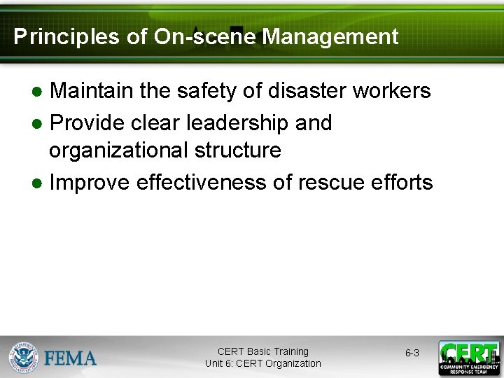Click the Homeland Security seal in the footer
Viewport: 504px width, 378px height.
pyautogui.click(x=24, y=358)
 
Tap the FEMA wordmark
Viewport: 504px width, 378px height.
pyautogui.click(x=71, y=358)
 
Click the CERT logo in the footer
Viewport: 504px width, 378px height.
pyautogui.click(x=469, y=358)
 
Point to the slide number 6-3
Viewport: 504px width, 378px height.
pyautogui.click(x=412, y=353)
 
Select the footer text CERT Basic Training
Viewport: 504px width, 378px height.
pyautogui.click(x=262, y=351)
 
